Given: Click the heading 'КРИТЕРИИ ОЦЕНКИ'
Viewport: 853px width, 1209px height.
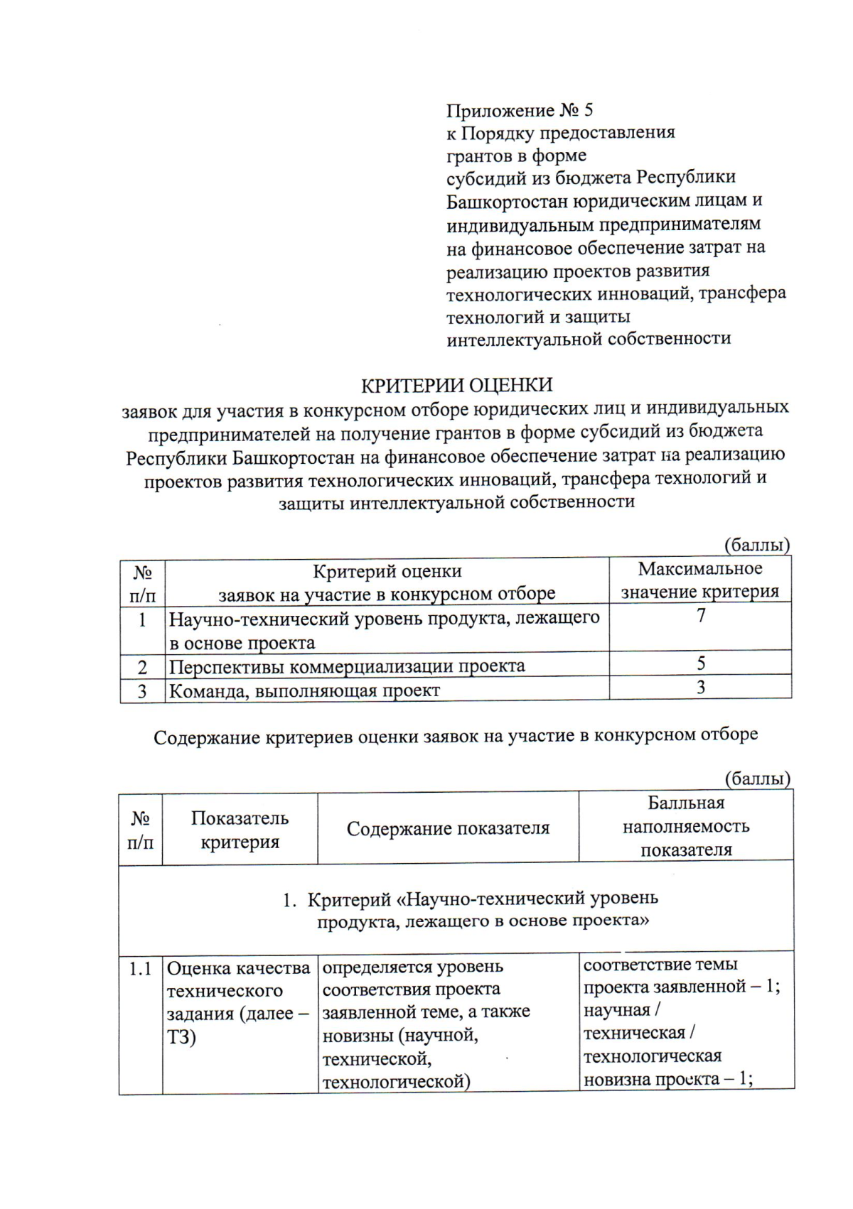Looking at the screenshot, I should [456, 385].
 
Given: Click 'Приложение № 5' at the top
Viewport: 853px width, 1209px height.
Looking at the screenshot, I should [520, 111].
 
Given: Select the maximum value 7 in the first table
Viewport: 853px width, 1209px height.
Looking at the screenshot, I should [701, 615].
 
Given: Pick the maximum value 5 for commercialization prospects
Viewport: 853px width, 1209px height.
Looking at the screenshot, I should [701, 663].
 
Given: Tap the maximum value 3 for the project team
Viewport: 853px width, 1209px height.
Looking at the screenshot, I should [701, 688].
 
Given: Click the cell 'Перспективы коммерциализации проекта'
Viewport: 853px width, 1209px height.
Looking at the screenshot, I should [347, 666].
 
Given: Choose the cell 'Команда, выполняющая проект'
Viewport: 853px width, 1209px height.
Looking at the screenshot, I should [304, 690].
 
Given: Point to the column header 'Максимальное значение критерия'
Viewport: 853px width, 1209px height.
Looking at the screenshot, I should [700, 580].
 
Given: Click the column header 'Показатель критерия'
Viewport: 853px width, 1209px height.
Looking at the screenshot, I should [240, 830].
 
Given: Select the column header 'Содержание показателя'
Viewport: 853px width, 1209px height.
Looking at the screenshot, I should [448, 828].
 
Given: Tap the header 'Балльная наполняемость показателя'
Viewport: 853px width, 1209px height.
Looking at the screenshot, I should [686, 826].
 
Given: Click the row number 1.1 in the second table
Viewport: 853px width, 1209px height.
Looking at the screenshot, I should [141, 969].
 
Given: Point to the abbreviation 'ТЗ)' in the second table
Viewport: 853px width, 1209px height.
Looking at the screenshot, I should [182, 1037].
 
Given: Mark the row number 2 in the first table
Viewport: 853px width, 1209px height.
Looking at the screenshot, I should [142, 668].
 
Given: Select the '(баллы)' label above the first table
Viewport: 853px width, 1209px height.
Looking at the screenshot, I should [757, 546].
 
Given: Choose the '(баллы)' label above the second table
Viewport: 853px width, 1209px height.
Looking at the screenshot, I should [757, 779].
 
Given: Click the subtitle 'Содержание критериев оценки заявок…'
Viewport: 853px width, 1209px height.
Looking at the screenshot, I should [456, 736].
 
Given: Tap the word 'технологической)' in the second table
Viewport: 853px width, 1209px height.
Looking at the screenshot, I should [396, 1083].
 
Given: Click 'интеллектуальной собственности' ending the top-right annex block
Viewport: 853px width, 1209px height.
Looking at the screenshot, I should [589, 339].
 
